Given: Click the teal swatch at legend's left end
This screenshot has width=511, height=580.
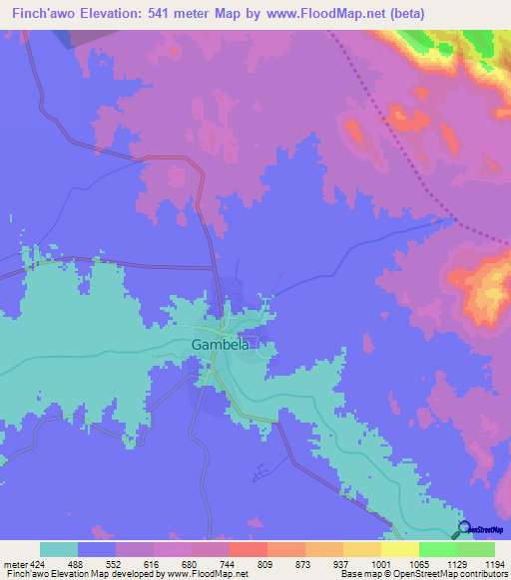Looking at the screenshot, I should click(59, 549).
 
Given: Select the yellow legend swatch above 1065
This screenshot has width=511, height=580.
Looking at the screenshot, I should click(399, 549).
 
